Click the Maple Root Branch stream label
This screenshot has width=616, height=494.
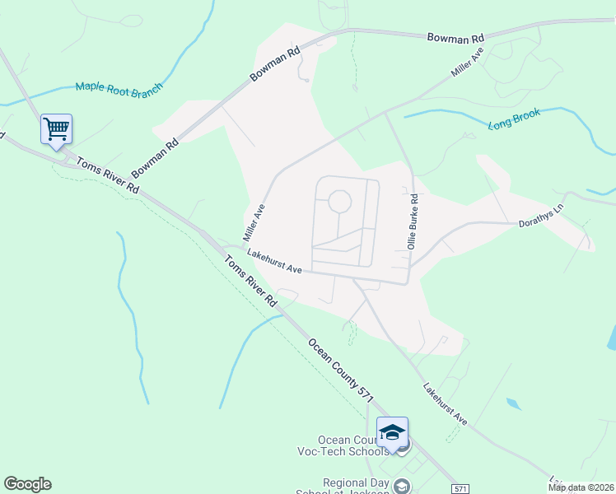tap(119, 87)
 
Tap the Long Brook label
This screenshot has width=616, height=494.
tap(514, 119)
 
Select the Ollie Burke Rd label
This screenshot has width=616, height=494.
tap(413, 221)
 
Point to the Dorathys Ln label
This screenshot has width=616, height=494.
tap(539, 223)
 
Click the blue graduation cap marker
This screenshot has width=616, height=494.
tap(392, 432)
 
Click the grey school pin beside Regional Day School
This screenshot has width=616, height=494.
tap(402, 486)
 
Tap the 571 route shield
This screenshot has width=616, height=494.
tap(460, 488)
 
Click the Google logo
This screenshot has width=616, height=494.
tap(27, 484)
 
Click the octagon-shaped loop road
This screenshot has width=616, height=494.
tap(339, 201)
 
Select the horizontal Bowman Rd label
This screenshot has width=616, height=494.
tap(455, 39)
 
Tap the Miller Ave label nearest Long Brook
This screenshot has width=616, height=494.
tap(467, 63)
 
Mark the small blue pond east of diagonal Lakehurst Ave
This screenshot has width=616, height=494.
tap(514, 404)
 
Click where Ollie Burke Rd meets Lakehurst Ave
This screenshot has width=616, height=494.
tap(409, 282)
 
